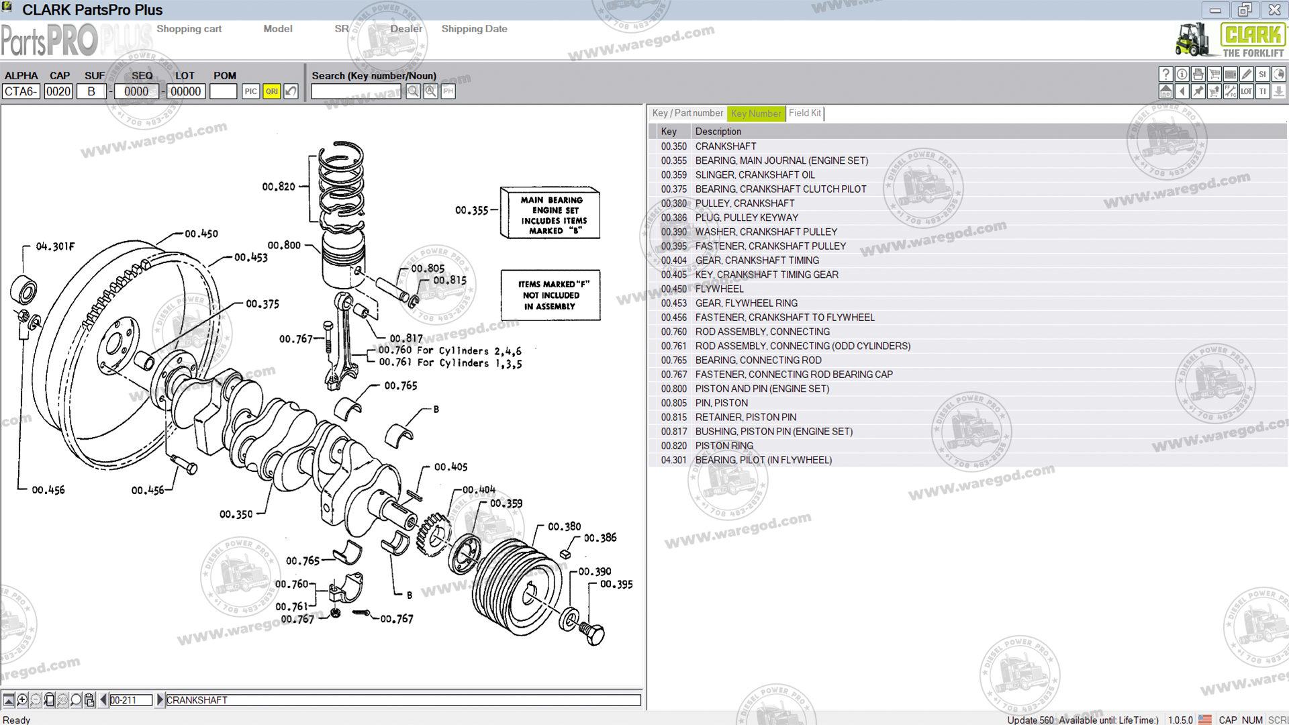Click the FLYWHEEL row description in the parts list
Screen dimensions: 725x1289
pyautogui.click(x=719, y=289)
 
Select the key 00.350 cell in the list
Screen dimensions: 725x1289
pyautogui.click(x=673, y=146)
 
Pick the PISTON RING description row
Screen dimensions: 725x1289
pyautogui.click(x=724, y=446)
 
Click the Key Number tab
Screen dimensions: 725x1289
pyautogui.click(x=756, y=113)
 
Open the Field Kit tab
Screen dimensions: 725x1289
pyautogui.click(x=804, y=113)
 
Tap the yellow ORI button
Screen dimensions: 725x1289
pyautogui.click(x=271, y=91)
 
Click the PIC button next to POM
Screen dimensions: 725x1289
pyautogui.click(x=250, y=91)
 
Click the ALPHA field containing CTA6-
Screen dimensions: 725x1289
pyautogui.click(x=21, y=91)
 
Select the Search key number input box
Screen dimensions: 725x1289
pyautogui.click(x=356, y=91)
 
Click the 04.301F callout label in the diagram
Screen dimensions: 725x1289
pyautogui.click(x=55, y=246)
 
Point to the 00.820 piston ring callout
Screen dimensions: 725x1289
pyautogui.click(x=279, y=187)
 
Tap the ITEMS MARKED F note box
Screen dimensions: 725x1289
pyautogui.click(x=551, y=295)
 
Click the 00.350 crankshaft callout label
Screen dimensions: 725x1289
pyautogui.click(x=236, y=514)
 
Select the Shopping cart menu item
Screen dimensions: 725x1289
pyautogui.click(x=189, y=29)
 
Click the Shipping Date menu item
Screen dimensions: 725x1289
pyautogui.click(x=474, y=29)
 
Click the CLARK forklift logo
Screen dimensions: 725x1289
pyautogui.click(x=1230, y=40)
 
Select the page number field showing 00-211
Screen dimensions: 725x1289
pyautogui.click(x=130, y=700)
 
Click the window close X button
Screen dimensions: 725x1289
pyautogui.click(x=1274, y=10)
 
